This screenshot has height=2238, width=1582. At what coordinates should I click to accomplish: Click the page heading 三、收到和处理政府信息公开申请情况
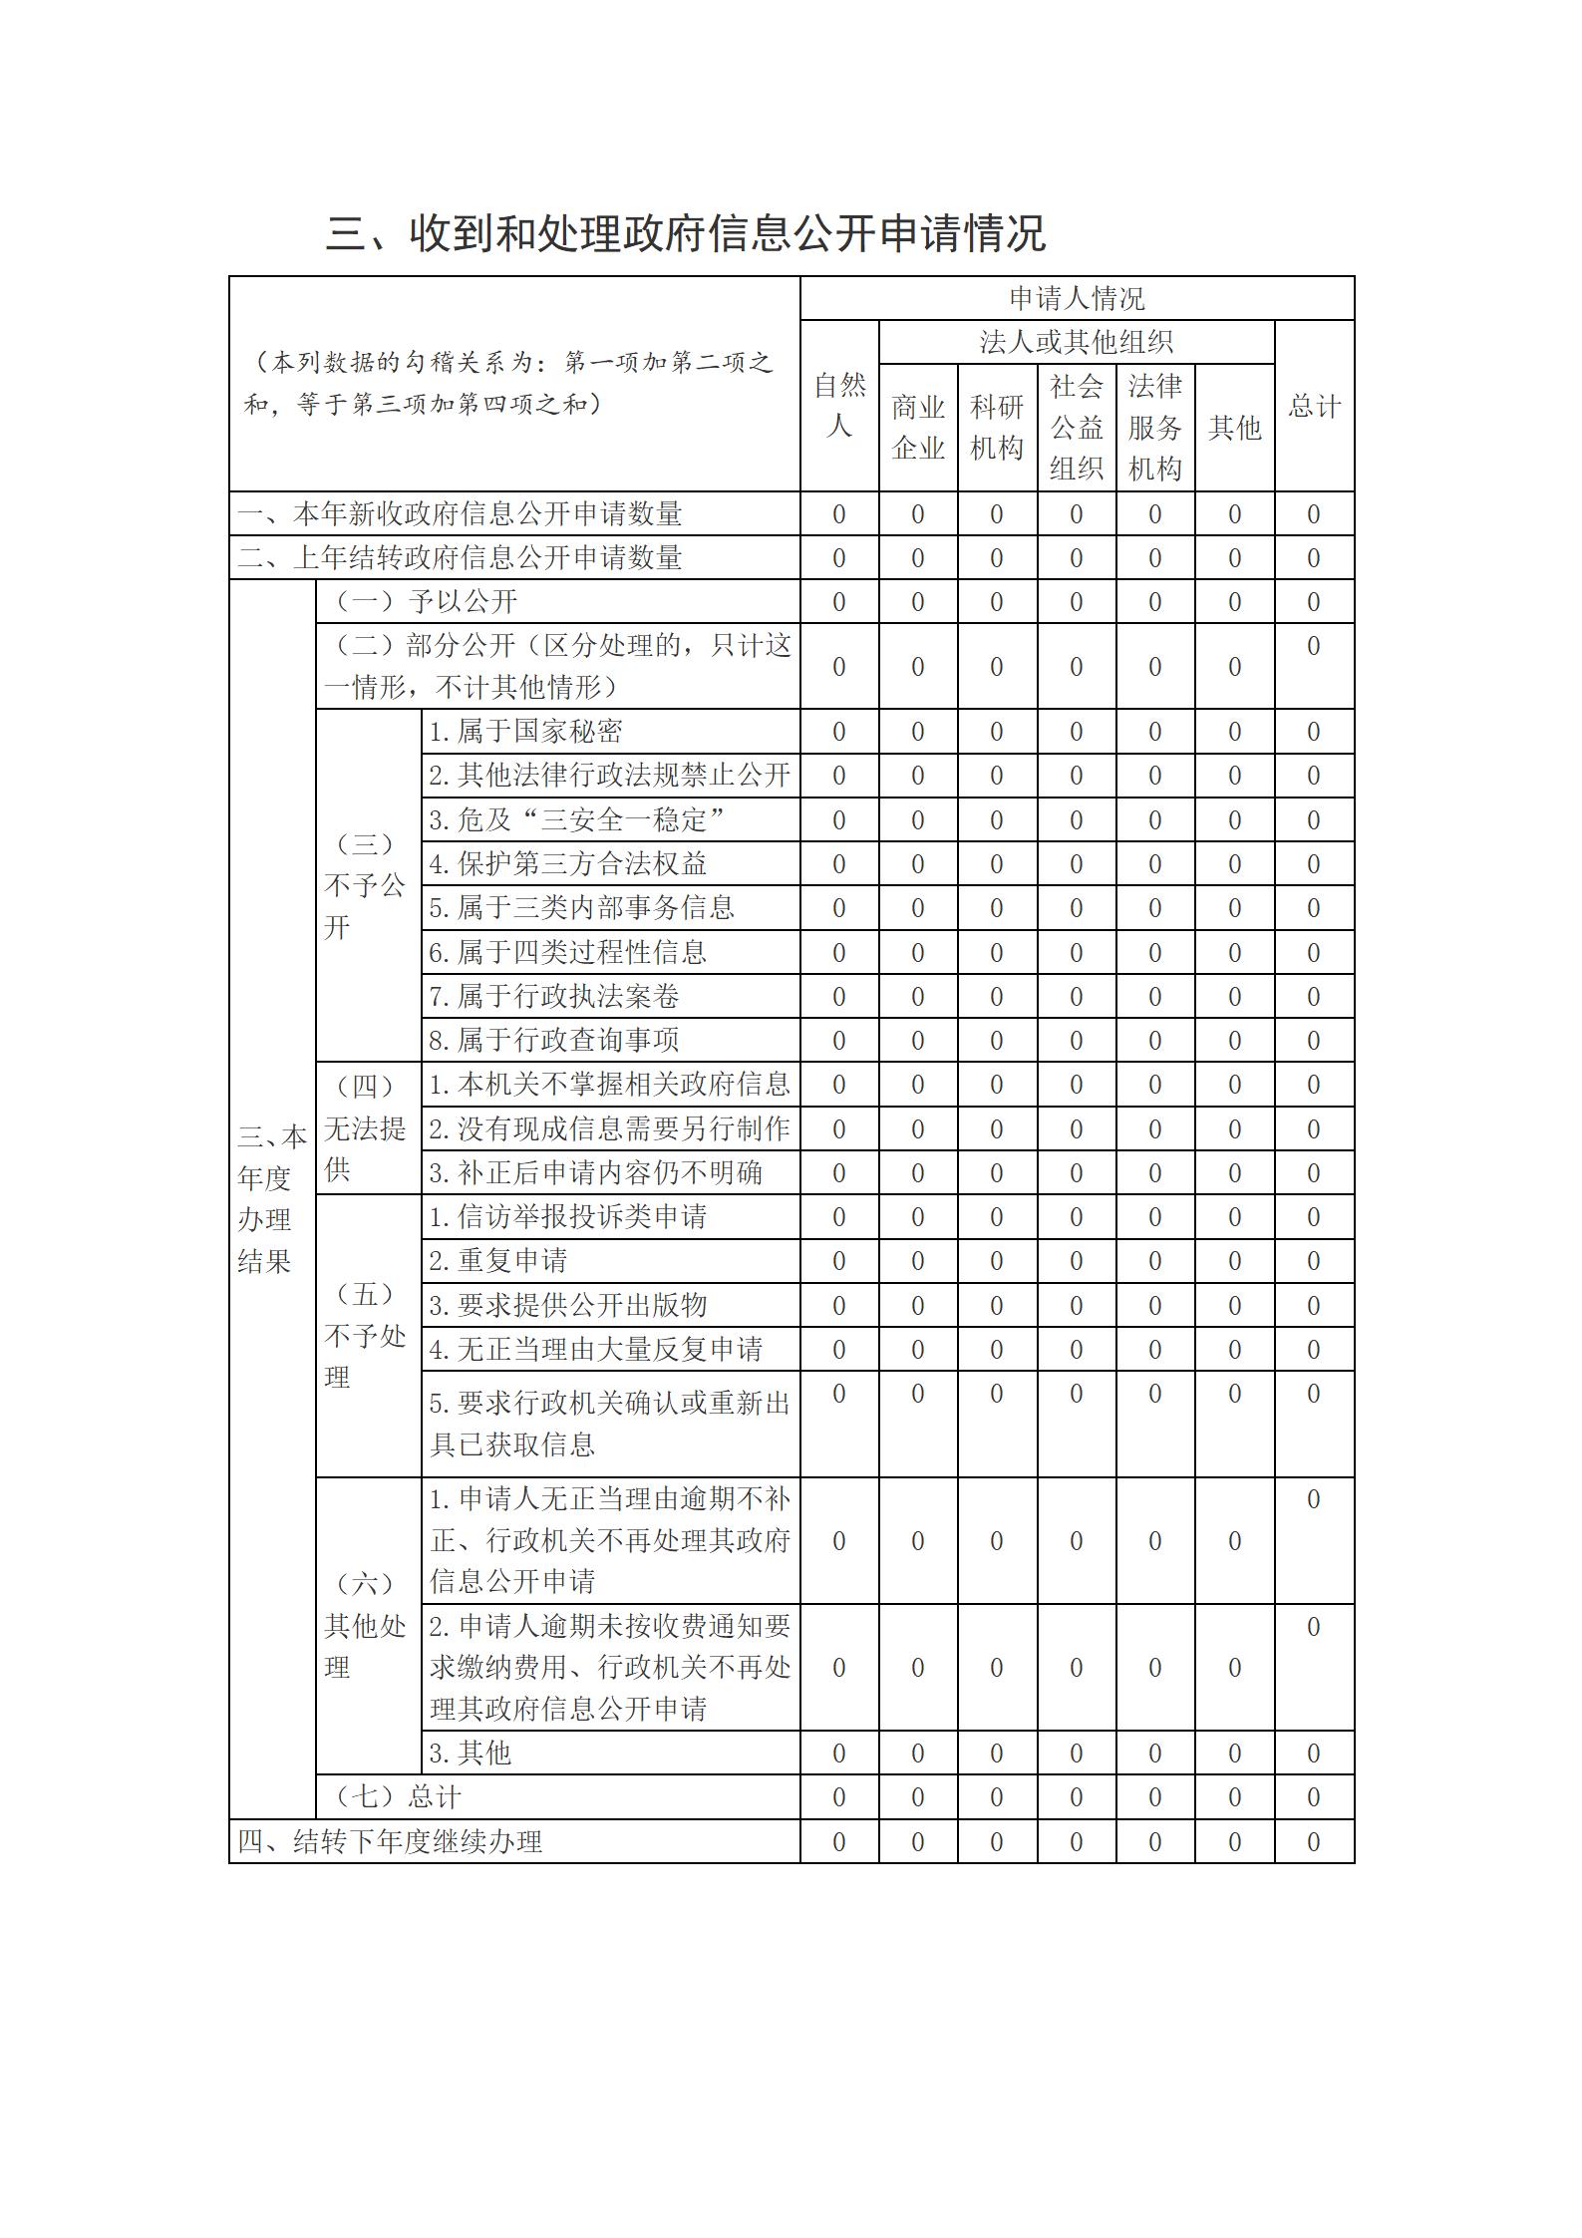(x=686, y=234)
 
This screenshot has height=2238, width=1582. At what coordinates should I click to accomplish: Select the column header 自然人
(x=838, y=406)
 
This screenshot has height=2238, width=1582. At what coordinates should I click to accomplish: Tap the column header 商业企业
(x=917, y=427)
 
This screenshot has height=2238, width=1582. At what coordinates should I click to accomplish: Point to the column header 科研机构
(x=996, y=427)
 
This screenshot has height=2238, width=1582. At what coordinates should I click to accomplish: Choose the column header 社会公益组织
(x=1076, y=427)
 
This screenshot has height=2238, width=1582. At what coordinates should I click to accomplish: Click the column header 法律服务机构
(x=1154, y=427)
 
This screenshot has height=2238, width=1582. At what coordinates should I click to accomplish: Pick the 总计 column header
(x=1314, y=406)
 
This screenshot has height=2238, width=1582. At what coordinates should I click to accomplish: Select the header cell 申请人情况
(x=1077, y=298)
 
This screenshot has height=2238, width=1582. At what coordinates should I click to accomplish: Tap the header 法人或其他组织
(x=1076, y=342)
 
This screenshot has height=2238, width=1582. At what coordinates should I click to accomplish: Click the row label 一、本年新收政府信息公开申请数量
(x=460, y=514)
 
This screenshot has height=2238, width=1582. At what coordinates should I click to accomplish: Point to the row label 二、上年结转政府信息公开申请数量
(x=460, y=558)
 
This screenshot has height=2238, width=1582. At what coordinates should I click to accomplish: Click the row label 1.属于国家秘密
(x=525, y=732)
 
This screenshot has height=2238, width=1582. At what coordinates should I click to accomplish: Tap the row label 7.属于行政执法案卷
(x=553, y=997)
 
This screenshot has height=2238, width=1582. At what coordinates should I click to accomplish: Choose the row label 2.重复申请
(x=497, y=1261)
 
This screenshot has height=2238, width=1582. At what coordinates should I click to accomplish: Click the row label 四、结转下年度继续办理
(x=390, y=1842)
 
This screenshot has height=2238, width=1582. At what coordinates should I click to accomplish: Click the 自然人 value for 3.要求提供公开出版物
(x=838, y=1306)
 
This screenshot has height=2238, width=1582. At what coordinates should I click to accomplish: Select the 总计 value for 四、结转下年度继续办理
(x=1314, y=1842)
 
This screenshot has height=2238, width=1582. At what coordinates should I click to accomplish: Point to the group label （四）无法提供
(x=365, y=1128)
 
